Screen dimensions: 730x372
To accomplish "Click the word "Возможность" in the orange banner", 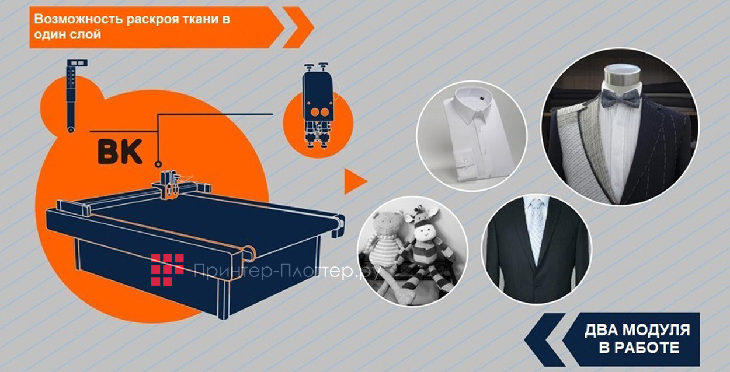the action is [x=78, y=19].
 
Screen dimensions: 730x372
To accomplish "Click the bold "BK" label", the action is [x=120, y=152].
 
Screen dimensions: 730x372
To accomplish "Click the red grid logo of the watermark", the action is [x=167, y=269].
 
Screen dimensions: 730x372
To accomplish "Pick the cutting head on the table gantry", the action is [x=169, y=184].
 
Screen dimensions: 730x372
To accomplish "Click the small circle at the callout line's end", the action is [x=158, y=163].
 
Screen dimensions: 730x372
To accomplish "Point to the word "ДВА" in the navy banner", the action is [x=600, y=331].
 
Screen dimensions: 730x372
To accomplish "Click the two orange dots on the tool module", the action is [x=319, y=113].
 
